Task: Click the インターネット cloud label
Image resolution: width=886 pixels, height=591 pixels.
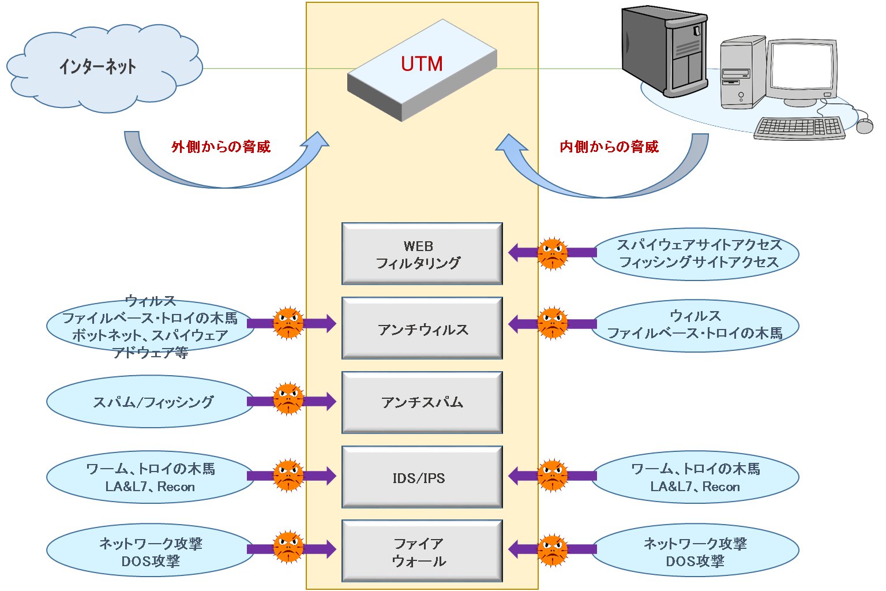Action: coord(97,67)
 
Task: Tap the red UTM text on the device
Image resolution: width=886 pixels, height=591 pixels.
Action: coord(422,64)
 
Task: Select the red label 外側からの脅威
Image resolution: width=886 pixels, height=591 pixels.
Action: coord(221,147)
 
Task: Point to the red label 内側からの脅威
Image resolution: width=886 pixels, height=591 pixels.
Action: coord(609,147)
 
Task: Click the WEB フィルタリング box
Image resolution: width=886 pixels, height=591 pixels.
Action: coord(422,254)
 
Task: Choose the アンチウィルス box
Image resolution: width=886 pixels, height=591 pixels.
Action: coord(422,328)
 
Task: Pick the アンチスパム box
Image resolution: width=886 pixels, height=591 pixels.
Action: coord(422,402)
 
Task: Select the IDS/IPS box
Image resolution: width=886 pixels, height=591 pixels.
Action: coord(422,477)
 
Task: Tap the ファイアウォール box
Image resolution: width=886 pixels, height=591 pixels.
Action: coord(422,551)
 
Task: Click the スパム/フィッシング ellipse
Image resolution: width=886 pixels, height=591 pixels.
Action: coord(151,402)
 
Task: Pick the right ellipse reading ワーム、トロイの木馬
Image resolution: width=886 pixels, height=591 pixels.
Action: coord(696,477)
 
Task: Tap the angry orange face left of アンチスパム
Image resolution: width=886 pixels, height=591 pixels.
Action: coord(288,398)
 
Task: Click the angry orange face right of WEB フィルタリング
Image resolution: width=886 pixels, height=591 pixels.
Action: coord(553,253)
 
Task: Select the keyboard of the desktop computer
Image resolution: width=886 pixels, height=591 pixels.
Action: coord(799,128)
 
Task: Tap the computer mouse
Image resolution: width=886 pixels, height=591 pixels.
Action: coord(864,126)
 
